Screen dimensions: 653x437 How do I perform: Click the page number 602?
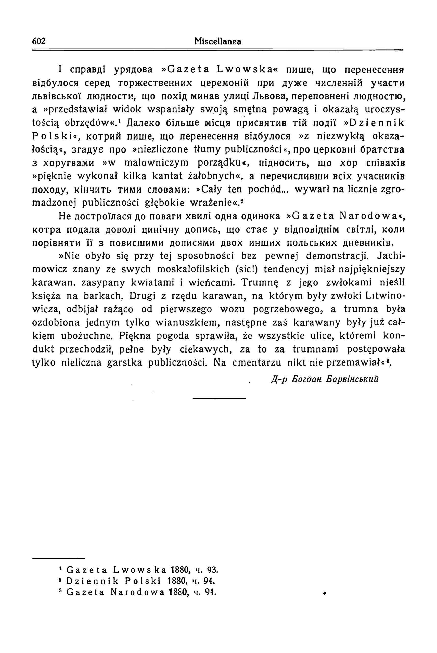pos(39,41)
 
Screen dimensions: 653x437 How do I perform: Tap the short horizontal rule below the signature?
pos(219,398)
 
